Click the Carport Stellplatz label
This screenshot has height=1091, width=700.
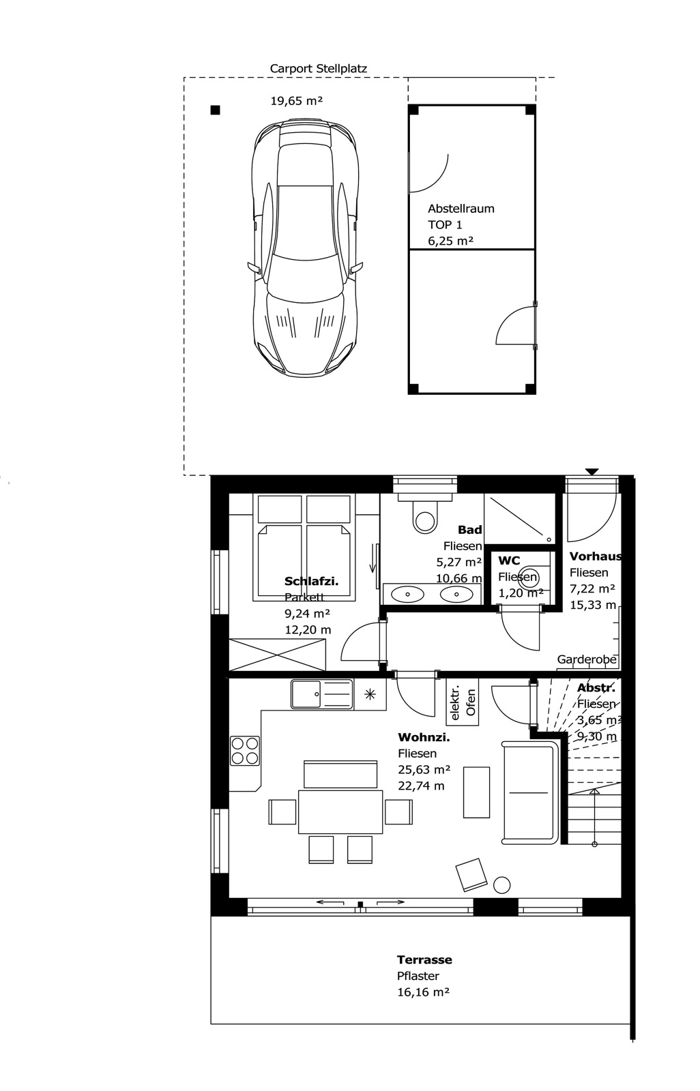318,68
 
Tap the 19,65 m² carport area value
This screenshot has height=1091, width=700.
296,101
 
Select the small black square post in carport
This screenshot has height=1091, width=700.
215,110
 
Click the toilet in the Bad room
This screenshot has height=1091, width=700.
424,518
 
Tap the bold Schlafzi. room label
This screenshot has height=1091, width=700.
311,582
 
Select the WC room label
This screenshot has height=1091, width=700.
509,561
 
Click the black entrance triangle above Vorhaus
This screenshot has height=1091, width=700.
592,471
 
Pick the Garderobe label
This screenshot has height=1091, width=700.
587,659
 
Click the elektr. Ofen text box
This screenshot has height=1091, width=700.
463,702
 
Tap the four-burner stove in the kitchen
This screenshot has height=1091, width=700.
245,750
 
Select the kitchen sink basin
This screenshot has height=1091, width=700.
306,694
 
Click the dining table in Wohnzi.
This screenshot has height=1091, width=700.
340,811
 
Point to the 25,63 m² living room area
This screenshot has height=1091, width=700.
424,769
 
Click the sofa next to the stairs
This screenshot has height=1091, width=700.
529,792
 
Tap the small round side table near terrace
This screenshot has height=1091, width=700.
501,884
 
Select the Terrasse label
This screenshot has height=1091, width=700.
424,959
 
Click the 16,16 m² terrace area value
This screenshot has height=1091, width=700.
423,992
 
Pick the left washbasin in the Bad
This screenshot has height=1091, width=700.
408,594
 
